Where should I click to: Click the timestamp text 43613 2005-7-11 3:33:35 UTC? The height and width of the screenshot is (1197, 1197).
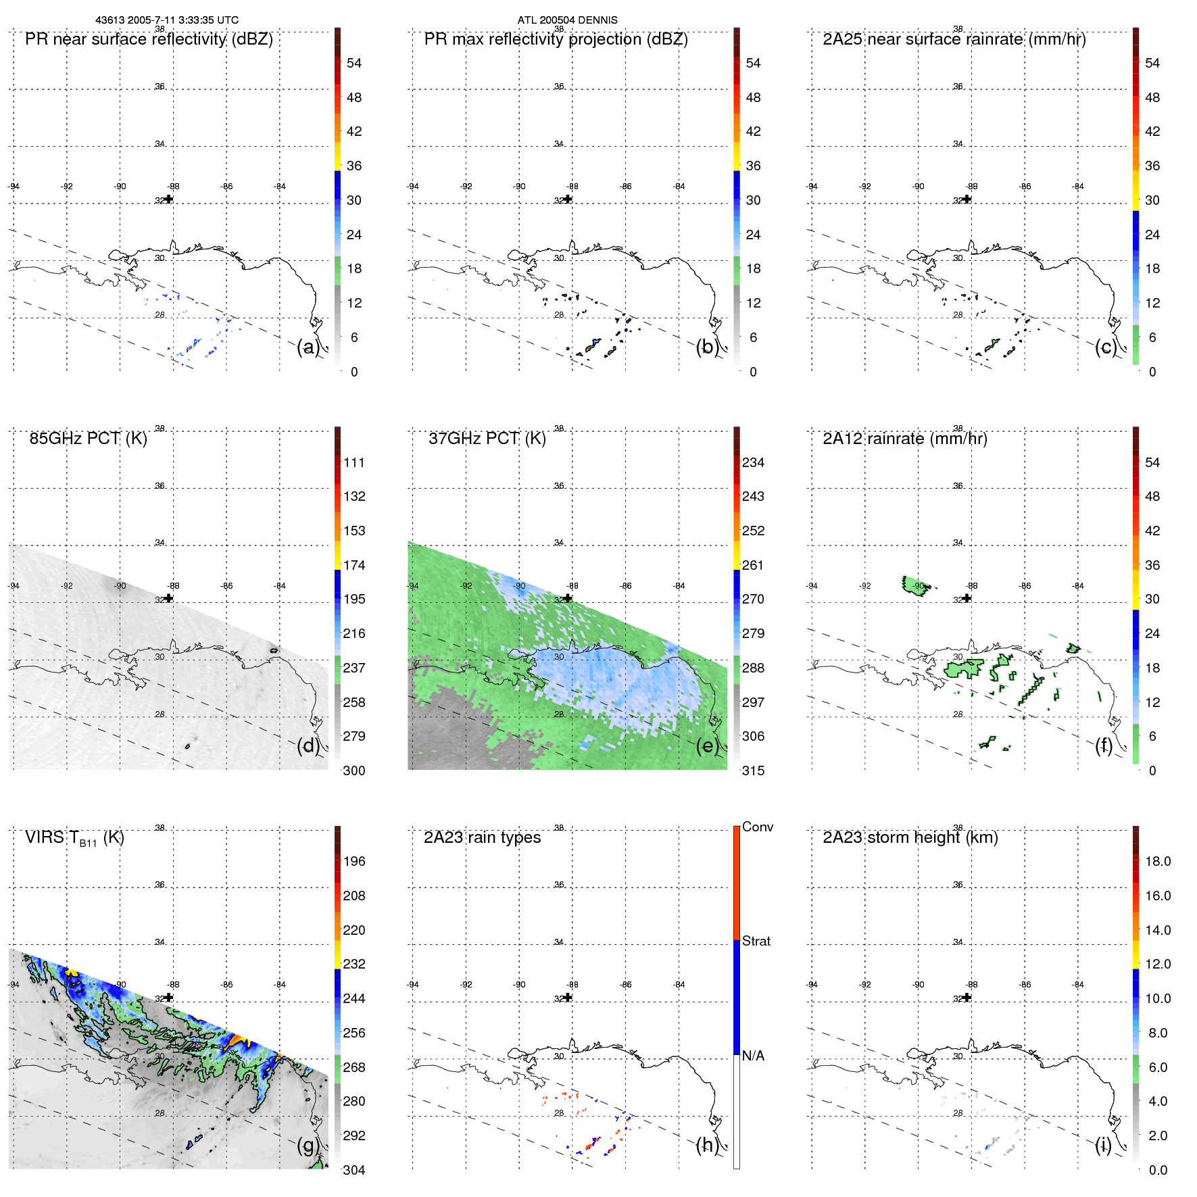pos(166,20)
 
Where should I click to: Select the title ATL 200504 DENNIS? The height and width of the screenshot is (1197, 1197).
pos(567,20)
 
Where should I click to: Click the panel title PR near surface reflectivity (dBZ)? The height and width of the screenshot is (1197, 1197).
pos(149,39)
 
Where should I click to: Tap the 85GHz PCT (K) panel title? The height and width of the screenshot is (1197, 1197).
pos(88,439)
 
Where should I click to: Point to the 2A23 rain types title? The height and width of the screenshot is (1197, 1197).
pos(482,837)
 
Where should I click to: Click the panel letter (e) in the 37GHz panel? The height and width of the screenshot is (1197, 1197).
pos(707,746)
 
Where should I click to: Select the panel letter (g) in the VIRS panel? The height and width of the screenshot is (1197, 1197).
pos(308,1145)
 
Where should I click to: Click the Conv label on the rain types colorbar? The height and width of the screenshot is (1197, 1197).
pos(757,827)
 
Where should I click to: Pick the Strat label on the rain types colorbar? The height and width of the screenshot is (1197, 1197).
pos(756,941)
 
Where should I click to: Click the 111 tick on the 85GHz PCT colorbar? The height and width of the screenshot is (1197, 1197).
pos(353,462)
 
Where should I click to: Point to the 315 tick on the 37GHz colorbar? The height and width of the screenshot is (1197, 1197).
pos(753,771)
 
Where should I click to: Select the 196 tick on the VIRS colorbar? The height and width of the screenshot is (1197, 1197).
pos(353,861)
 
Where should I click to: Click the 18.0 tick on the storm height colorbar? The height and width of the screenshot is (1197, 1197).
pos(1157,861)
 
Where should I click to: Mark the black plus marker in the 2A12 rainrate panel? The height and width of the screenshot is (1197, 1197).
pos(967,598)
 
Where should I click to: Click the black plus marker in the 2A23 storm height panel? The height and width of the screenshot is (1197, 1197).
pos(967,997)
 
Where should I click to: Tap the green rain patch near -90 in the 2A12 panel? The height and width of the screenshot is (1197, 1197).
pos(915,587)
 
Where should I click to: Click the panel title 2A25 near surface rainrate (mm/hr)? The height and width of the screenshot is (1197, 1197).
pos(954,39)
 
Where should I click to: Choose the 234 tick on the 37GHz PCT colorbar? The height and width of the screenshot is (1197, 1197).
pos(753,462)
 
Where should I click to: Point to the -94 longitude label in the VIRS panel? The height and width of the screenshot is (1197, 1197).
pos(14,985)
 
